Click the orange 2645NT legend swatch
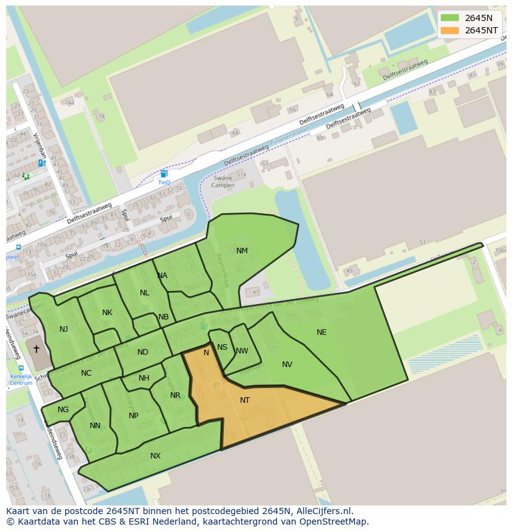tap(450, 30)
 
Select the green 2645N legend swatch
tap(450, 18)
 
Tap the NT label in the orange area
tap(245, 400)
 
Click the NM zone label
tap(242, 251)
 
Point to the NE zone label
tap(322, 332)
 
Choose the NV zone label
tap(287, 365)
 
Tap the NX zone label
tap(155, 456)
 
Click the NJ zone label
tap(64, 329)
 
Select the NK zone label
tap(107, 313)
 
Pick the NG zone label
tap(63, 410)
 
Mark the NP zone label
tap(134, 416)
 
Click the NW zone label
tap(242, 351)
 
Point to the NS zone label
tap(222, 347)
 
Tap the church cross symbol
tap(36, 349)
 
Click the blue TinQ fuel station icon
tap(163, 174)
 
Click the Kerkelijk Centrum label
tap(21, 379)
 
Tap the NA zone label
tap(162, 276)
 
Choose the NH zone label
tap(144, 378)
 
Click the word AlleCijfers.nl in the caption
tap(323, 511)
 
